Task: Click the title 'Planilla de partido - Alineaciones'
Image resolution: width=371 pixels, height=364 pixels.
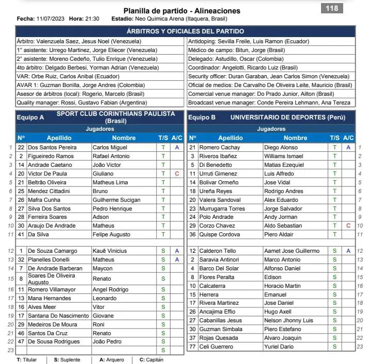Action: point(182,11)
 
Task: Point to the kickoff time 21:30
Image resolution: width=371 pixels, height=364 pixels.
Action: point(92,19)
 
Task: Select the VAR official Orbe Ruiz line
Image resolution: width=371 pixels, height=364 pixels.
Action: point(62,76)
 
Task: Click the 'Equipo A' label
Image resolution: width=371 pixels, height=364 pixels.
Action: point(30,117)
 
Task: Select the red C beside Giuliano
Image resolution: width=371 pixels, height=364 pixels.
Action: point(177,174)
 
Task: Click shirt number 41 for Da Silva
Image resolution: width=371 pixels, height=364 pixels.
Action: point(21,235)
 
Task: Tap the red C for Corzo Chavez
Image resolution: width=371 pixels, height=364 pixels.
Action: point(348,226)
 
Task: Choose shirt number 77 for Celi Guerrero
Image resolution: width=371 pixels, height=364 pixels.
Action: point(192,346)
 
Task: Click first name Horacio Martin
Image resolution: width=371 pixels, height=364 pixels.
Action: point(282,286)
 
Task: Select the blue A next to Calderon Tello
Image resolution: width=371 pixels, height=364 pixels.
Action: point(348,251)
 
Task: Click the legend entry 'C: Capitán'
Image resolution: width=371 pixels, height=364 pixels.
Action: point(149,359)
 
